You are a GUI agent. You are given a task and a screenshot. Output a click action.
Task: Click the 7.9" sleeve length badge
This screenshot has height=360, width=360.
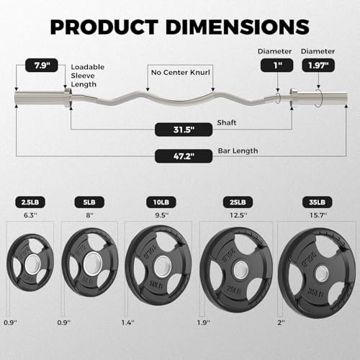click(x=42, y=66)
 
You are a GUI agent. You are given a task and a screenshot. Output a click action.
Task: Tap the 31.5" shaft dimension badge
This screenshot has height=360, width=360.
click(x=184, y=130)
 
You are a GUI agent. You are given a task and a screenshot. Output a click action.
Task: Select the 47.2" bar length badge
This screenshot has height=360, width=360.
click(x=184, y=156)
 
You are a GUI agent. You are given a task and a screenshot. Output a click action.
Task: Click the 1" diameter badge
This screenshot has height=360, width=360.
click(x=277, y=66)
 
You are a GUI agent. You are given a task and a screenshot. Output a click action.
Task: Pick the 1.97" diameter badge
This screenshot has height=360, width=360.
click(x=318, y=66)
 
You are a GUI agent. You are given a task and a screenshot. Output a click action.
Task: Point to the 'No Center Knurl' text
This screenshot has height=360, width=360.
click(x=181, y=73)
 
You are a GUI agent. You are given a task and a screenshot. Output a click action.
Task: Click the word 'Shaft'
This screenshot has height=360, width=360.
click(x=227, y=122)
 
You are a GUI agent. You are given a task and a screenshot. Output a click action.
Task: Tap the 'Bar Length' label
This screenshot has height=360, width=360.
click(x=238, y=151)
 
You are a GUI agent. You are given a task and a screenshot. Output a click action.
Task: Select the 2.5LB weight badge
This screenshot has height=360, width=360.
click(x=30, y=202)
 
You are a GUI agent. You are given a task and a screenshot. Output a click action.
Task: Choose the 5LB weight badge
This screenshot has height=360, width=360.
click(x=89, y=202)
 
